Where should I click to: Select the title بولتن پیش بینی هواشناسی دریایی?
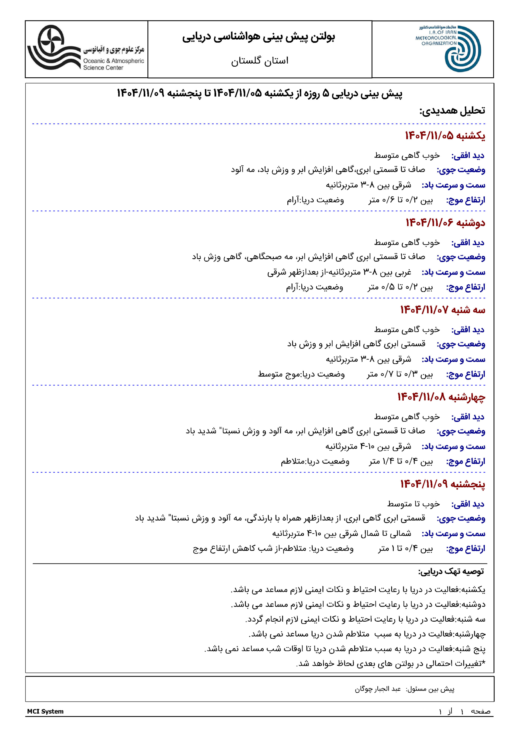point(258,37)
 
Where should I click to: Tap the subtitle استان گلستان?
point(260,61)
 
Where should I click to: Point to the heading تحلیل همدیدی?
point(452,111)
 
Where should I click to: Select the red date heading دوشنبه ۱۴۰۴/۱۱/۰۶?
point(445,223)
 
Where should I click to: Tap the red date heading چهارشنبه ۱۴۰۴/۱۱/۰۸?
point(441,397)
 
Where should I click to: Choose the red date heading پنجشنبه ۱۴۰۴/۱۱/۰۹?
point(443,484)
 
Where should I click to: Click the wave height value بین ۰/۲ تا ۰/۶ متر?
point(401,200)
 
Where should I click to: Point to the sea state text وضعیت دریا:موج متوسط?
point(301,374)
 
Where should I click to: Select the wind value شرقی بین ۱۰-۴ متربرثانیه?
point(368,446)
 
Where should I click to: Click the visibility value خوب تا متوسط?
point(413,504)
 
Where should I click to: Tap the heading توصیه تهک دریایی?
point(451,572)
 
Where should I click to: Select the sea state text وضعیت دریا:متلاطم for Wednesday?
point(315,461)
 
